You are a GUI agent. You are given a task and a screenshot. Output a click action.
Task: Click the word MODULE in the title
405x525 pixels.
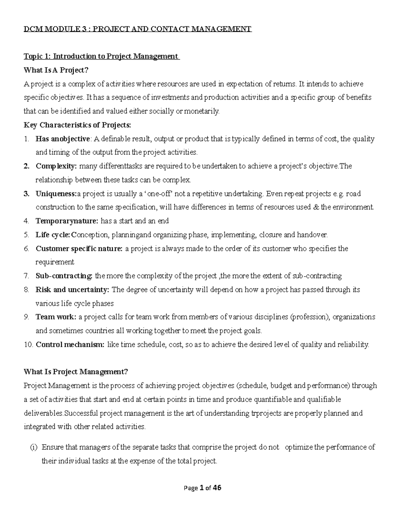pos(60,29)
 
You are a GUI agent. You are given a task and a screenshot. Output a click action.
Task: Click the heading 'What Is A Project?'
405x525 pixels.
pos(56,70)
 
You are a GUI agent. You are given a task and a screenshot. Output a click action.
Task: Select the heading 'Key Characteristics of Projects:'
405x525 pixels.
pos(77,125)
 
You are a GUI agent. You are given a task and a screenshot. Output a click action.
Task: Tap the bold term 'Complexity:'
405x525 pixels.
pos(56,166)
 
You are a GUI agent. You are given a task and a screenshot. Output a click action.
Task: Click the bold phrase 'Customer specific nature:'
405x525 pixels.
pos(79,249)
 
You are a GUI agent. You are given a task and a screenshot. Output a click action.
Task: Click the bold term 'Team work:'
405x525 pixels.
pos(56,317)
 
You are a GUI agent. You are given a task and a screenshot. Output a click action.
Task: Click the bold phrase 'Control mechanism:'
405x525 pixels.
pos(70,345)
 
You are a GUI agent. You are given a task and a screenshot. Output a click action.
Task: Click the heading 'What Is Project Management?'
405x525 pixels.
pos(76,372)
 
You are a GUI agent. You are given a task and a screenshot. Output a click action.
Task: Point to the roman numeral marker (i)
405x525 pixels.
pos(34,448)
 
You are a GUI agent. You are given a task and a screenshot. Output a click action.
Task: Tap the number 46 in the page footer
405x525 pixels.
pos(217,488)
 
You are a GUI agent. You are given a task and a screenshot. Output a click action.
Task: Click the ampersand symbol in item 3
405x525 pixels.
pos(316,207)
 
